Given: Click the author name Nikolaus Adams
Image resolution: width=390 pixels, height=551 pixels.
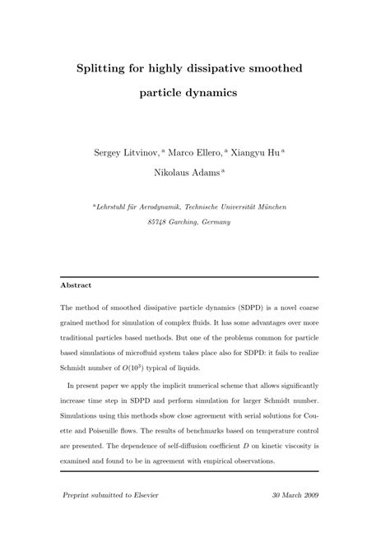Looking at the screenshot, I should tap(193, 173).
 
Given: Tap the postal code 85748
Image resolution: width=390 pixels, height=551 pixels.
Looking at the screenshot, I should tap(160, 222).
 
